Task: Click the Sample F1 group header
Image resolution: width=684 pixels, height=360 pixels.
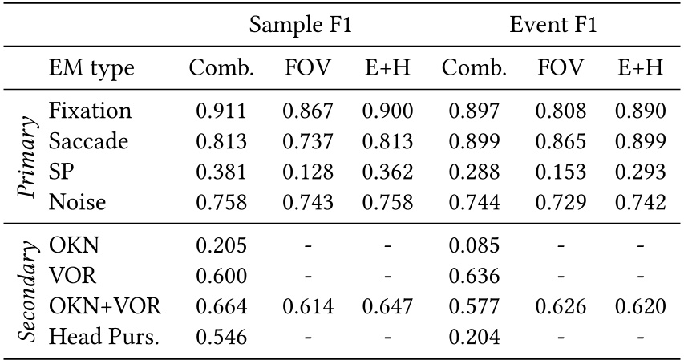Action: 301,25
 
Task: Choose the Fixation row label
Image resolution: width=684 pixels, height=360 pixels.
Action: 90,111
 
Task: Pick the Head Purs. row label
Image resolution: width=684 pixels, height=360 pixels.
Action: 104,335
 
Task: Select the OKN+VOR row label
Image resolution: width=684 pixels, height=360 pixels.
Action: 105,305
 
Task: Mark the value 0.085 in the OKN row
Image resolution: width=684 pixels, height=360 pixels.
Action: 474,245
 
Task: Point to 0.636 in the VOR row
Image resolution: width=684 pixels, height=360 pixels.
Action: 474,275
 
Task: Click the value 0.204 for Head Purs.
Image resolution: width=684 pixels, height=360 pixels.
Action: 474,336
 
